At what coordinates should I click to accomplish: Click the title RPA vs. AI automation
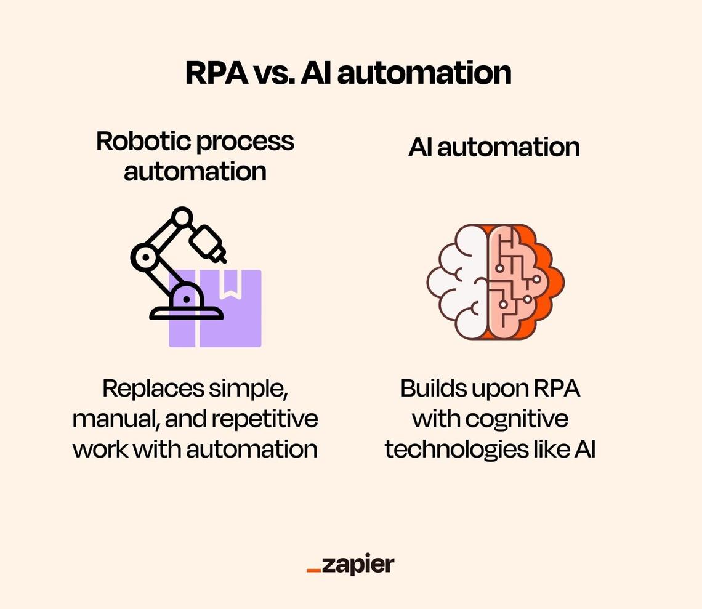pos(349,73)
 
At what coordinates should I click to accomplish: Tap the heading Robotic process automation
pos(195,156)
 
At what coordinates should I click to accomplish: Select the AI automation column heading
pos(494,148)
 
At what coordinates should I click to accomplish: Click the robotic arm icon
pos(179,265)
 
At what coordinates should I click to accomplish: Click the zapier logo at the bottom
pos(350,565)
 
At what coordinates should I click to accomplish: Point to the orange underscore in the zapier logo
pos(313,571)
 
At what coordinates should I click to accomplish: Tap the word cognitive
pos(517,419)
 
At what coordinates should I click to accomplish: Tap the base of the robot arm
pos(187,313)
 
